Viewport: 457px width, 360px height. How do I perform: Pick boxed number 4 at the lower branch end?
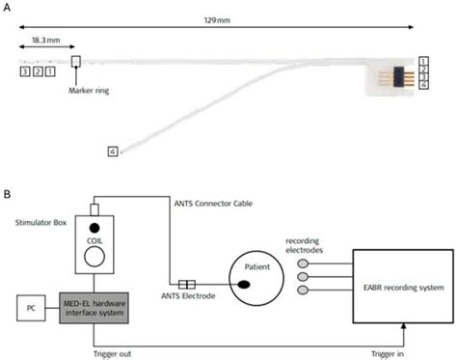pos(113,152)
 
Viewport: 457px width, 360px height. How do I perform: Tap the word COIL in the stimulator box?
pos(94,241)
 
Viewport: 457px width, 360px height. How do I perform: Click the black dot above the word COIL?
pos(94,228)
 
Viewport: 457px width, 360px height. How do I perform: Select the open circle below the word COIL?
pos(94,259)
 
